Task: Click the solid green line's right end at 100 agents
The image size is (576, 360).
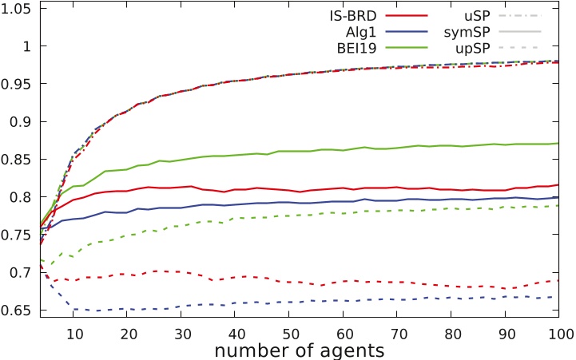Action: [558, 143]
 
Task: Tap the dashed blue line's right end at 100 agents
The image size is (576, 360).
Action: [558, 297]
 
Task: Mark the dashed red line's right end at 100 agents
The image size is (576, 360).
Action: [558, 281]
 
